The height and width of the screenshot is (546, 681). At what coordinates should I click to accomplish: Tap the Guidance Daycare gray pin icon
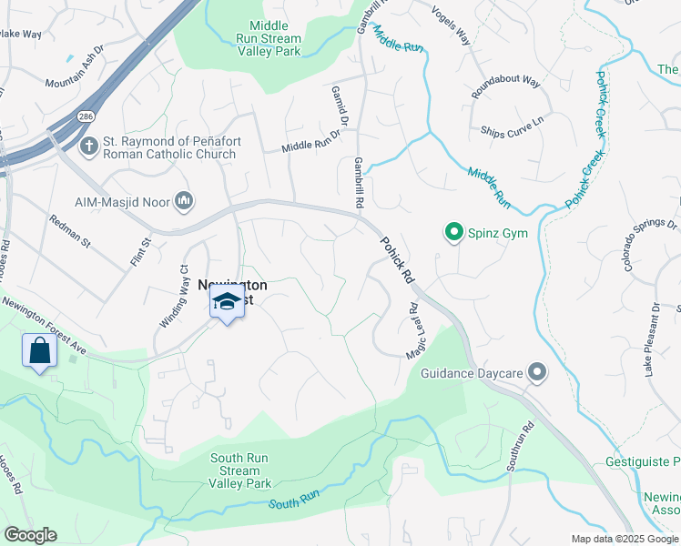[x=537, y=371]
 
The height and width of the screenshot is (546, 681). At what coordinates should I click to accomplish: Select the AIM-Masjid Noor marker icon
[x=184, y=200]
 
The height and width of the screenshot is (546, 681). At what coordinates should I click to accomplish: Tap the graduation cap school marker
[x=227, y=302]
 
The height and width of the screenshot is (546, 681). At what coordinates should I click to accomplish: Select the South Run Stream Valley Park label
[x=240, y=470]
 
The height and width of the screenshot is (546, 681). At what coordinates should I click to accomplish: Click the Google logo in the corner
[x=30, y=535]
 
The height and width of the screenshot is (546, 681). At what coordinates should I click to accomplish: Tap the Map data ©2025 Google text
[x=624, y=539]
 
